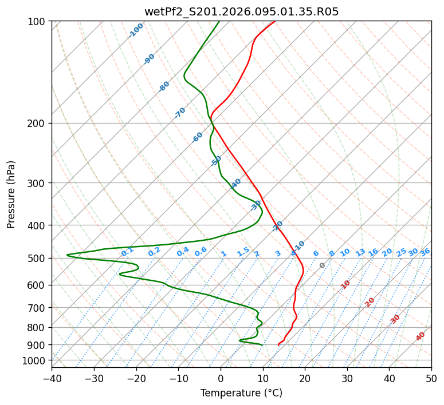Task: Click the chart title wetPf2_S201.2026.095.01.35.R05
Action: [x=241, y=11]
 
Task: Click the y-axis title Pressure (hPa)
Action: [x=11, y=194]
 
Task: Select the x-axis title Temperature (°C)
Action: [x=241, y=393]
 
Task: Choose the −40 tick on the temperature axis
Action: [x=52, y=378]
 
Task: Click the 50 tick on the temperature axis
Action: [x=431, y=378]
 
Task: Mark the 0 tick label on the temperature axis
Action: [x=221, y=378]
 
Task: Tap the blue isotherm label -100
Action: [x=136, y=30]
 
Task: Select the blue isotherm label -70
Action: [x=180, y=113]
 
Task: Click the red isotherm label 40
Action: [x=421, y=336]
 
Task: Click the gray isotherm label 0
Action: [x=323, y=265]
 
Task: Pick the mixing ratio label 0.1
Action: [x=127, y=251]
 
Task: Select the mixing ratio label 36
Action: [x=425, y=252]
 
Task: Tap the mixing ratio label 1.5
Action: [x=243, y=251]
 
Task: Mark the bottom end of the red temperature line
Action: [x=278, y=345]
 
